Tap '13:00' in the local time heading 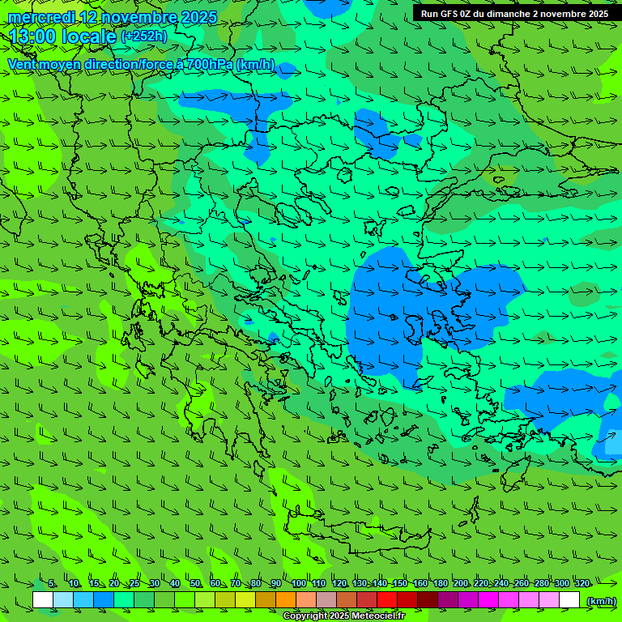33,37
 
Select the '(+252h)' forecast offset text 143,36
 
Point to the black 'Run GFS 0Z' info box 515,14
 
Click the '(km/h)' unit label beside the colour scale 600,601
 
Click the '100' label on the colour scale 298,584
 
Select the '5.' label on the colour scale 53,584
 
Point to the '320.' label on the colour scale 582,584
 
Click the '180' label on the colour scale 441,584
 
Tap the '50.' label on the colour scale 196,584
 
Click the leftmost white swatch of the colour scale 43,600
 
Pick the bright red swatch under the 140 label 387,600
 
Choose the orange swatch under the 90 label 286,600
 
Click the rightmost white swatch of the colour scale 569,600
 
